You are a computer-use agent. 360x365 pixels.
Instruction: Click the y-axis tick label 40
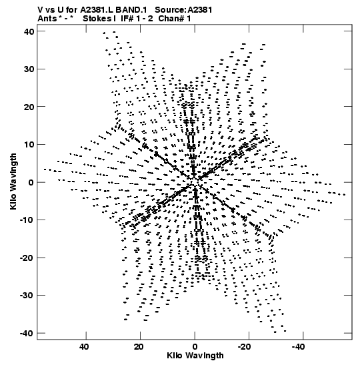(29, 31)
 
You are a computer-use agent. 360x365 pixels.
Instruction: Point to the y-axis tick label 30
(29, 69)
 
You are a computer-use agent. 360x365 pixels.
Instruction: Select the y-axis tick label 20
(29, 107)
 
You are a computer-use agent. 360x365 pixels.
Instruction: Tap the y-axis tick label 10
(29, 145)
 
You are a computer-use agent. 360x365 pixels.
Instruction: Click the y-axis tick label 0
(31, 183)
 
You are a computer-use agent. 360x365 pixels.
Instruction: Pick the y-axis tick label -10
(27, 220)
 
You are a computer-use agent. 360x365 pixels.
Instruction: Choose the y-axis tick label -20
(27, 258)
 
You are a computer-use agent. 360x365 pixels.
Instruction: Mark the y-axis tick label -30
(27, 296)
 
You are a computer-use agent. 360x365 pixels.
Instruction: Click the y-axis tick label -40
(27, 334)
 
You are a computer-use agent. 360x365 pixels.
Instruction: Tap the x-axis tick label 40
(84, 347)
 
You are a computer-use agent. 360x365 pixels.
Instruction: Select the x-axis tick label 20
(139, 347)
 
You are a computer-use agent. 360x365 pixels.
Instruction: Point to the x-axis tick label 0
(195, 347)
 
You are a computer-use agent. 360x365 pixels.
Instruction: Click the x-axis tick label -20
(244, 347)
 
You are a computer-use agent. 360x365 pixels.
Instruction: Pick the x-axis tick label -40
(298, 347)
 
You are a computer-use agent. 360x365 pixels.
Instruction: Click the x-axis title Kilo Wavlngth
(195, 356)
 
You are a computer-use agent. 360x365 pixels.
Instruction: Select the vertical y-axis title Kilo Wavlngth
(13, 181)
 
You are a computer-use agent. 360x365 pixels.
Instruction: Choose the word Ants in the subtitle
(47, 19)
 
